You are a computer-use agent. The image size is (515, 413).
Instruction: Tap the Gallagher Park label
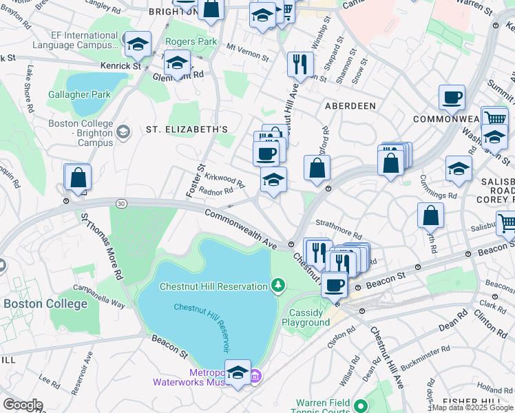[79, 94]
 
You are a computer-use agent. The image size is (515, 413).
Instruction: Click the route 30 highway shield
[121, 203]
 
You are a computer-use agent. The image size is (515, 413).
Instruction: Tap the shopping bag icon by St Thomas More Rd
[78, 178]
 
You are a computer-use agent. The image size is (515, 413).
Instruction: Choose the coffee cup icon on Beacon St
[335, 284]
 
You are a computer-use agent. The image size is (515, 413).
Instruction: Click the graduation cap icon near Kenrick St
[138, 45]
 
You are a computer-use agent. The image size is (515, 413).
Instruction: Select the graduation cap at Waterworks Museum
[238, 372]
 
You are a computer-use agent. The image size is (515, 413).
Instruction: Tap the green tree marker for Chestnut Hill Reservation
[277, 284]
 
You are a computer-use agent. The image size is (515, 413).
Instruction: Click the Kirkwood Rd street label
[224, 179]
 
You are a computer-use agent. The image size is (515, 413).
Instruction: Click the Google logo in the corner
[22, 405]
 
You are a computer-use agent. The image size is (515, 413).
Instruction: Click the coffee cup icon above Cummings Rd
[452, 98]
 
